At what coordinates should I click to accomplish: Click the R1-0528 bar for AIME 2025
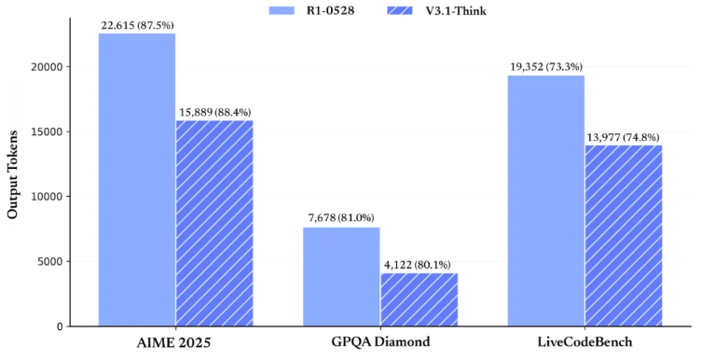(137, 180)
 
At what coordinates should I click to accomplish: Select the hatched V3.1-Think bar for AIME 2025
(214, 224)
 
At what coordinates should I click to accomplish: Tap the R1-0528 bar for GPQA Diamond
(341, 277)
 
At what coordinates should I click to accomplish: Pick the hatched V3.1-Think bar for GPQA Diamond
(419, 299)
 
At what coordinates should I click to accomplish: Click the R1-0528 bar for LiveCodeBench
(546, 201)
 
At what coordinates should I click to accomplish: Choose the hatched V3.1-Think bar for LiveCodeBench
(624, 236)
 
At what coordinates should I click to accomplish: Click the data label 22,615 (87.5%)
(137, 25)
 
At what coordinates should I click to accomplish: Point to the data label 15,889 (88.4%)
(214, 112)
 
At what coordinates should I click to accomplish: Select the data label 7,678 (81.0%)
(341, 218)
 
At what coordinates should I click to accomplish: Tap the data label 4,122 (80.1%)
(418, 265)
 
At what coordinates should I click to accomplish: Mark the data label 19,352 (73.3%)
(546, 67)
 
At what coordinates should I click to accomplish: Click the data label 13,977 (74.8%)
(624, 137)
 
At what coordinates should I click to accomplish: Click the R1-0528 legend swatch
(282, 10)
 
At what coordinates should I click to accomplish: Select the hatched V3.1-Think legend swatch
(400, 10)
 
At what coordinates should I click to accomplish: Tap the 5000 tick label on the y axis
(51, 262)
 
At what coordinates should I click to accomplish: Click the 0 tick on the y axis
(61, 326)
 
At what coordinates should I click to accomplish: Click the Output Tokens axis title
(12, 174)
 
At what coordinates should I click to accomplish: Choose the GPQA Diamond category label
(380, 342)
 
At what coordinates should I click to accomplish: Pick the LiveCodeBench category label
(584, 342)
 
